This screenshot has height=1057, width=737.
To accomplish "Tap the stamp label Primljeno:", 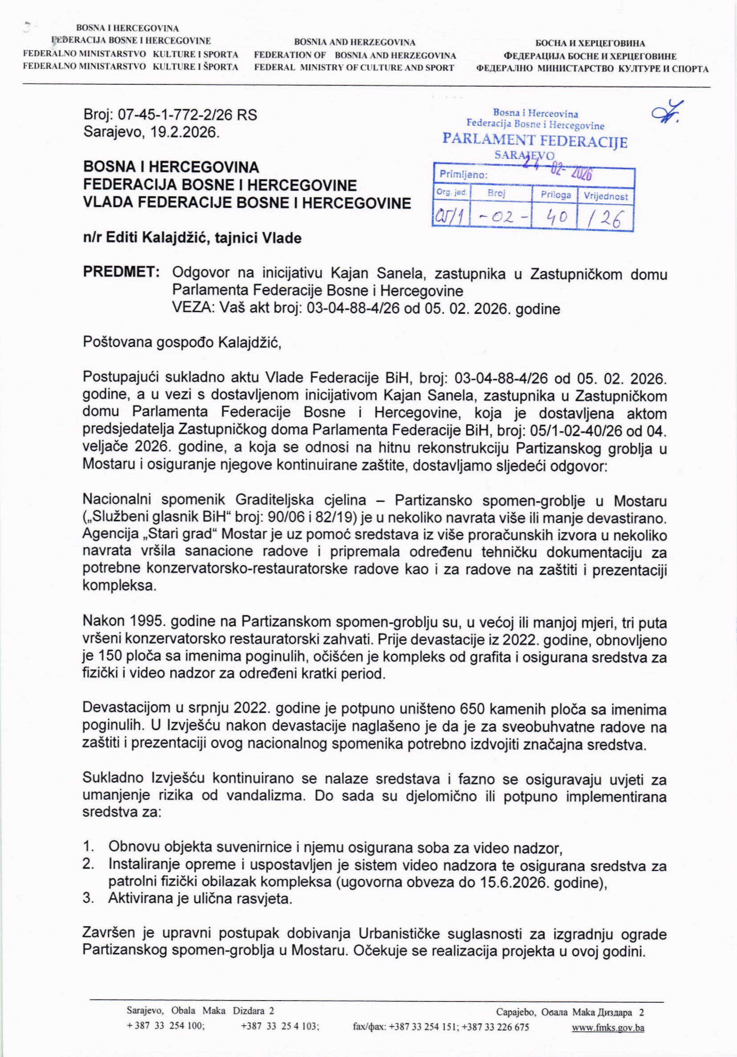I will (463, 175).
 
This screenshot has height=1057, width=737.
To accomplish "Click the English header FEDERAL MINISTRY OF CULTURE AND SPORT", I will (354, 68).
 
